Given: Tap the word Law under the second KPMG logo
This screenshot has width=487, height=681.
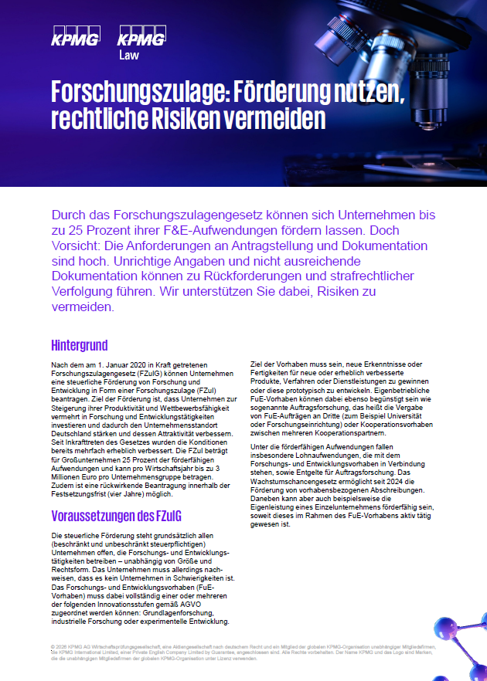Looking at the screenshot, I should pyautogui.click(x=129, y=55).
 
